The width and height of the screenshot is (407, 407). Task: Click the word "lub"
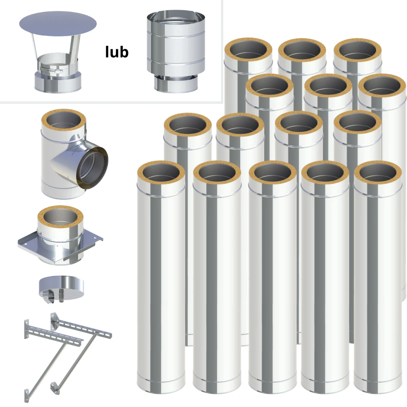(117, 52)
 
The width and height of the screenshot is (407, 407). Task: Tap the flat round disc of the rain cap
(58, 24)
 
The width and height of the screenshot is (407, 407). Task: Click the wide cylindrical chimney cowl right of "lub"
(176, 51)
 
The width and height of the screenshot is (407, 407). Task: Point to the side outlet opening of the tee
(92, 168)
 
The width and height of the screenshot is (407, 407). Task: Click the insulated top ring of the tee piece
(63, 121)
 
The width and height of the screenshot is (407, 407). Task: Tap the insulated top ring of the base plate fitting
(61, 217)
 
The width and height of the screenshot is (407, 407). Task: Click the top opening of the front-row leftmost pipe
(161, 173)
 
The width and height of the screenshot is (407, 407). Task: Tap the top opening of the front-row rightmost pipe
(378, 173)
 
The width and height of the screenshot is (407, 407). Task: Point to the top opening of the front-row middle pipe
(273, 173)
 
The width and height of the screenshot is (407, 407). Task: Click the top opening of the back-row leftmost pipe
(248, 50)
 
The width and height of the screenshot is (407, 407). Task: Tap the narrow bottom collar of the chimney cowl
(176, 83)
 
